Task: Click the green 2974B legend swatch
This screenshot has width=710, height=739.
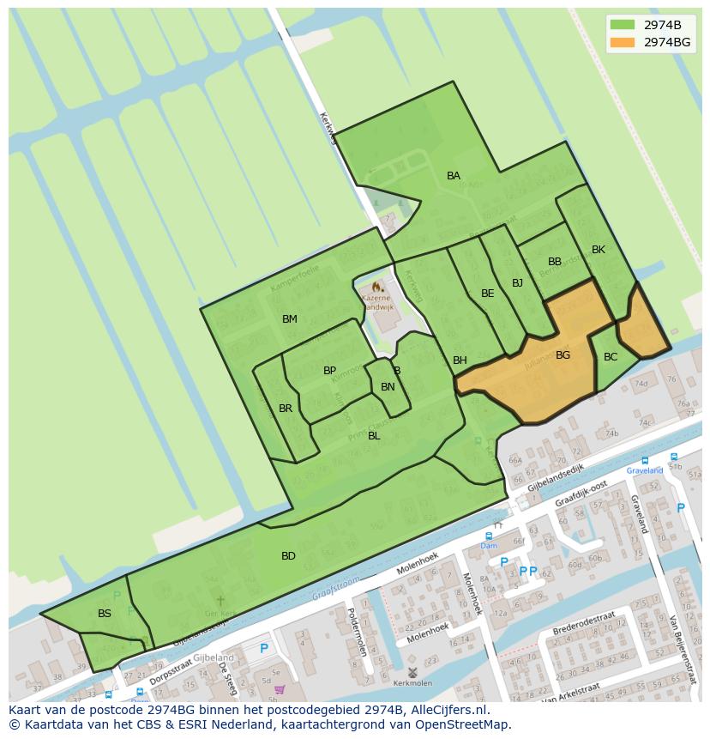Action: coord(623,24)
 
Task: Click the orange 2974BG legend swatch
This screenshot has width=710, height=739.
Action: coord(623,42)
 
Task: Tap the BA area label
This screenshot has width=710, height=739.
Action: coord(454,176)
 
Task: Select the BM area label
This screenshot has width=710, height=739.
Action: coord(290,319)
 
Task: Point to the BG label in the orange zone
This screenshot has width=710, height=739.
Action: coord(563,355)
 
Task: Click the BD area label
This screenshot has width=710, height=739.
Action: coord(288,556)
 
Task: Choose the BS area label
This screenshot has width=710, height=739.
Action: coord(105,614)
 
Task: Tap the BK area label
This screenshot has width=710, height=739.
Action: coord(599,250)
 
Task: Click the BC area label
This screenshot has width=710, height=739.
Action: coord(611,357)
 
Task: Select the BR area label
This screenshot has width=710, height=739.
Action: coord(286,409)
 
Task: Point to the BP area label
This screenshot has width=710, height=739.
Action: coord(329,371)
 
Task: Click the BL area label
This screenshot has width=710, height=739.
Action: coord(374,436)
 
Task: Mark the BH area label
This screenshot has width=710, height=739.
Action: coord(460,360)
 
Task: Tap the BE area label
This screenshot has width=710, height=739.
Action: coord(488,294)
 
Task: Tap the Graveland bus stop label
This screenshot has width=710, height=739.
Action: coord(645,470)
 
